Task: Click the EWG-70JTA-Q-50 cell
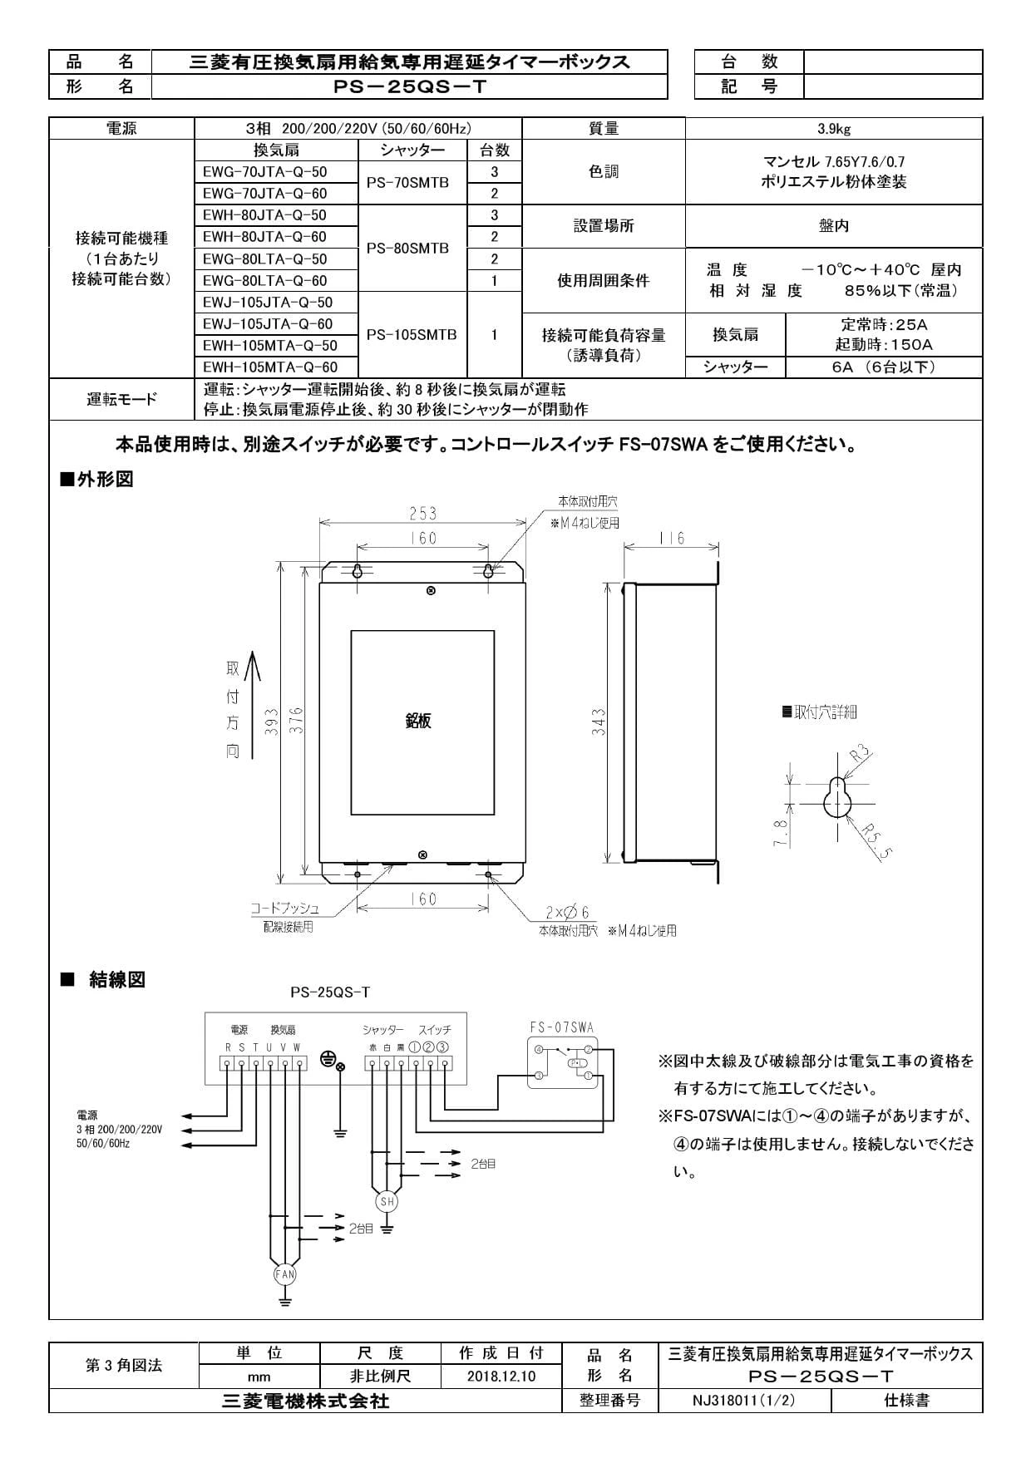coord(265,172)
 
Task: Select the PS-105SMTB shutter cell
coord(412,335)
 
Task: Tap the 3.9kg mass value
coord(833,128)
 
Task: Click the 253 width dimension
coord(422,514)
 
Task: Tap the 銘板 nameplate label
coord(418,721)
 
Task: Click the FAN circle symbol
coord(285,1273)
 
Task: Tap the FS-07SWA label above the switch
coord(562,1028)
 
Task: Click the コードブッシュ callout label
coord(285,909)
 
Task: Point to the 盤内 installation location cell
coord(833,226)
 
